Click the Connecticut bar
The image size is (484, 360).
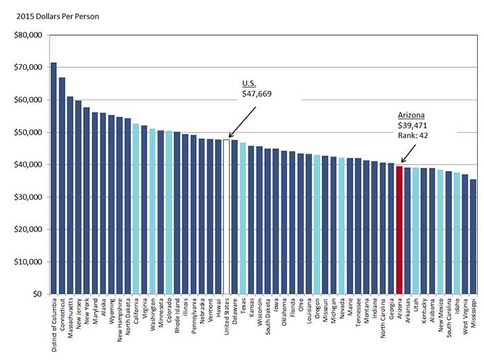[62, 186]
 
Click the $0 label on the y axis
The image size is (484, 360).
[37, 294]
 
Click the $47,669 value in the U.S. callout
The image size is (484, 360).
[256, 93]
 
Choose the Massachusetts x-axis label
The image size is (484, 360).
[71, 321]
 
